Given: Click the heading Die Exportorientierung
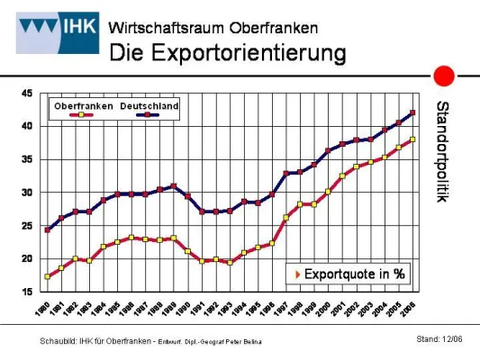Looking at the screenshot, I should (227, 52).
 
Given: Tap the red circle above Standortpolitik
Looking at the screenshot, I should (443, 76).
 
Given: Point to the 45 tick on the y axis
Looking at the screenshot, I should (27, 94).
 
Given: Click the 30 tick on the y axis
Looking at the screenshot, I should (27, 193).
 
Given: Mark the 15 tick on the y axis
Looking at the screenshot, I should (27, 292).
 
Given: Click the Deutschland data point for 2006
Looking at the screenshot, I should (412, 112).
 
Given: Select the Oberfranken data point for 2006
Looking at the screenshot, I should (412, 139).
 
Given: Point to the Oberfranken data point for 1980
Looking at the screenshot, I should (47, 276).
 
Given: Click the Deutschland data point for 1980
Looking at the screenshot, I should (47, 229).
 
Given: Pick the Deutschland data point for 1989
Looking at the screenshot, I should (174, 186).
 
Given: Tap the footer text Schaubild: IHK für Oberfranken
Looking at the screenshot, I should (99, 340).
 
